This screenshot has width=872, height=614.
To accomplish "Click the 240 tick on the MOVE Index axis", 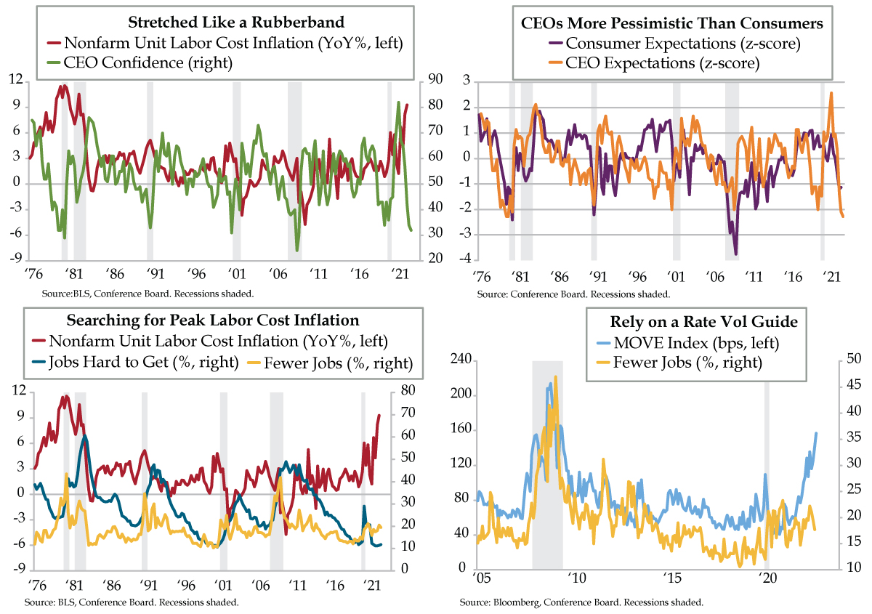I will click(x=459, y=360).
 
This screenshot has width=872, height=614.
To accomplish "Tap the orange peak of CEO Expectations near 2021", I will click(x=831, y=93).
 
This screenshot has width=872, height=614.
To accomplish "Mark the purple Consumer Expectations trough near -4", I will click(x=736, y=254).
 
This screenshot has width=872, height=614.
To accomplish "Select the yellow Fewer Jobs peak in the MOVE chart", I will click(x=555, y=377).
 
